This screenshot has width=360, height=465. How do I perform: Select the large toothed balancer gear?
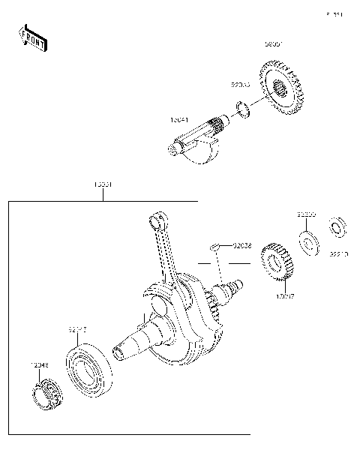pos(284,91)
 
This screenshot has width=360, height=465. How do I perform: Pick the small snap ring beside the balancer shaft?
pos(243,109)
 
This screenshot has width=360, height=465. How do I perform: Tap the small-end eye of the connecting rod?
pos(157,220)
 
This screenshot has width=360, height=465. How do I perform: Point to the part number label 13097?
pos(284,297)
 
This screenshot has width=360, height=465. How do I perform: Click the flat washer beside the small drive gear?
pos(307,241)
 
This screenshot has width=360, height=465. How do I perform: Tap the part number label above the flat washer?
pos(305,214)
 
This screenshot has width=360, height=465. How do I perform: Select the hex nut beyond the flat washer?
pos(337,224)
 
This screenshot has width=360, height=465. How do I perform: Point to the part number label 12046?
pos(39,365)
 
